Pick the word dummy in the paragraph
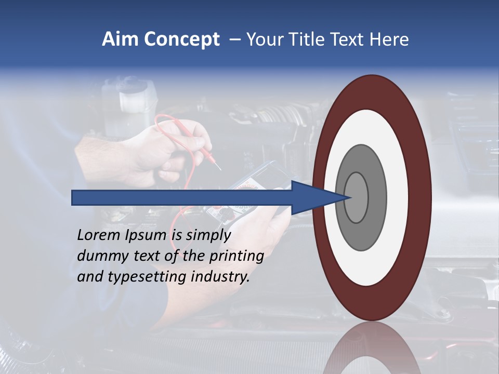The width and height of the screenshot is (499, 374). pos(101,256)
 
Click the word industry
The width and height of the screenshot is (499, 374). pos(220,277)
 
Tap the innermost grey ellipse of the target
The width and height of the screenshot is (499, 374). pos(356,197)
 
